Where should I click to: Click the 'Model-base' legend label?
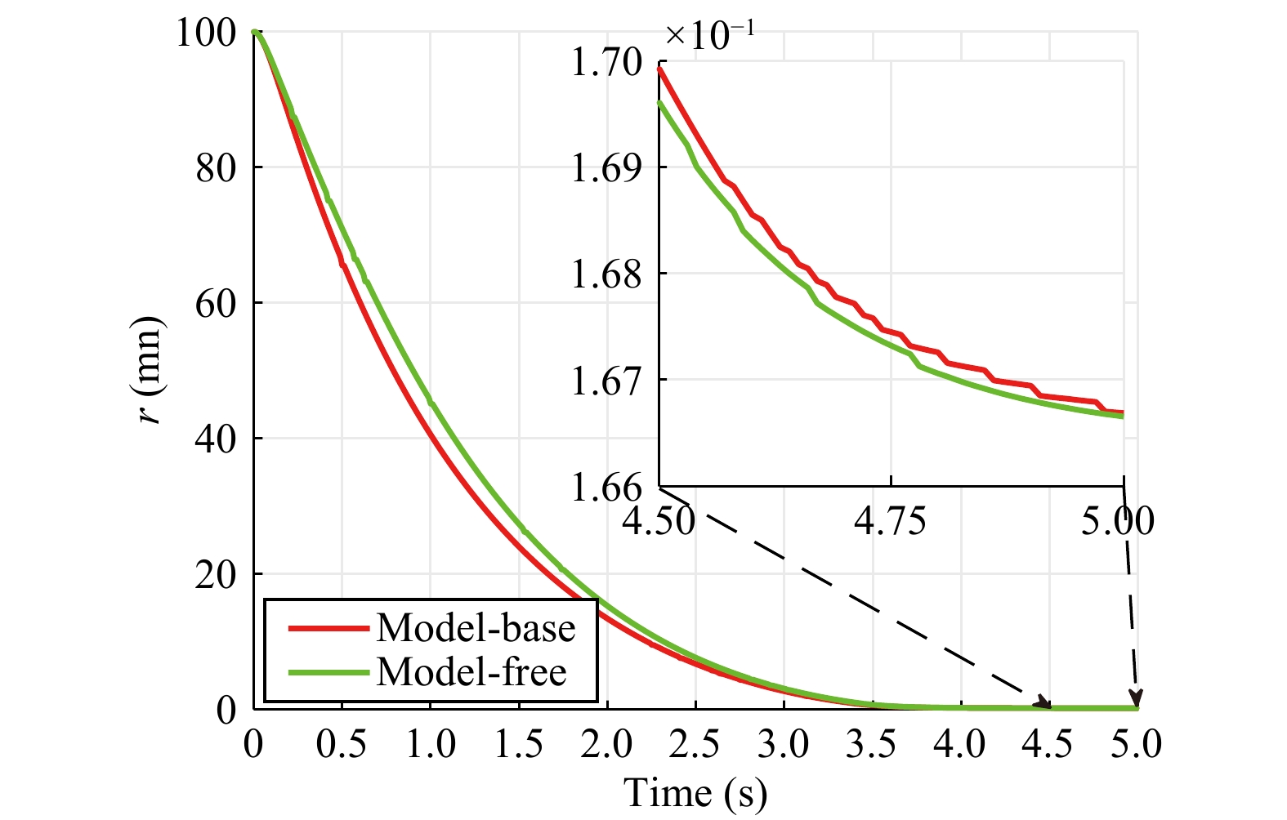[476, 628]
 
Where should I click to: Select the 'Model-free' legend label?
[471, 672]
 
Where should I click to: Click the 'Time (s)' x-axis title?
[695, 793]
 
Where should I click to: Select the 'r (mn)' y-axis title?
[150, 369]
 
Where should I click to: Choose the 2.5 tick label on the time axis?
[695, 745]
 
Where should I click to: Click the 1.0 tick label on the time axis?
[431, 745]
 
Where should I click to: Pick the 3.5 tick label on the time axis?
[872, 745]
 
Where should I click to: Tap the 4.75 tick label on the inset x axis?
[891, 520]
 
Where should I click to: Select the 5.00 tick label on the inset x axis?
[1118, 520]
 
